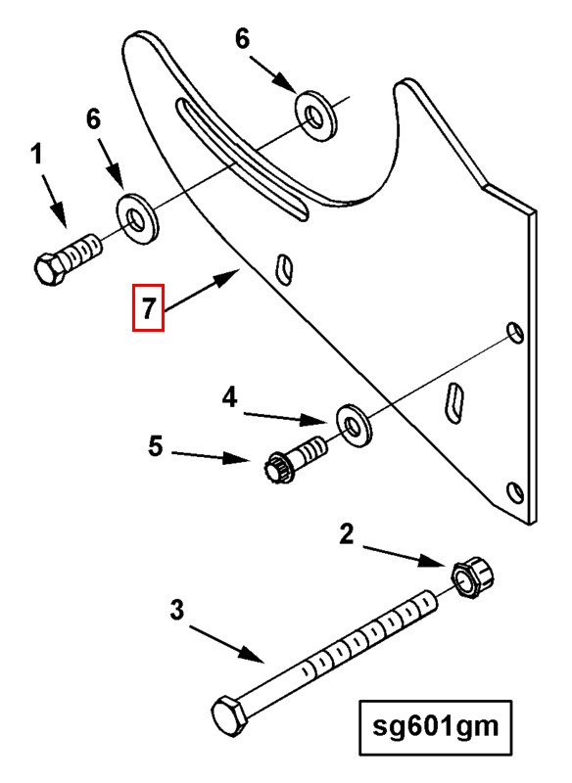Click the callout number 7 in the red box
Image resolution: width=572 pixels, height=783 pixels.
pyautogui.click(x=148, y=307)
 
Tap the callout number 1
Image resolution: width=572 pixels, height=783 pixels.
pyautogui.click(x=36, y=155)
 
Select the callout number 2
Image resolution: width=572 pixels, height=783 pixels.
pyautogui.click(x=346, y=533)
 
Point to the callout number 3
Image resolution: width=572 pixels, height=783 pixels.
pyautogui.click(x=177, y=610)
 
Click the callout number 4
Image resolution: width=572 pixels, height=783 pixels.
pyautogui.click(x=230, y=398)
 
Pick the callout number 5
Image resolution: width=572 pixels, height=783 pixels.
pyautogui.click(x=156, y=445)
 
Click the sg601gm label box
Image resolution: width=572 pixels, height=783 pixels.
pyautogui.click(x=436, y=727)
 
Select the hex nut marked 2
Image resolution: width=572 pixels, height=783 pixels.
pyautogui.click(x=474, y=576)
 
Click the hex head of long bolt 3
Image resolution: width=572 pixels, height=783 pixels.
pyautogui.click(x=230, y=716)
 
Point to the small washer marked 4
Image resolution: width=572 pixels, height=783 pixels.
pyautogui.click(x=355, y=426)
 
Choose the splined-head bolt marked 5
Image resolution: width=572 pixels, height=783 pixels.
pyautogui.click(x=295, y=459)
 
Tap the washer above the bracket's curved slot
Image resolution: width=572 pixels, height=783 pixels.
pyautogui.click(x=315, y=115)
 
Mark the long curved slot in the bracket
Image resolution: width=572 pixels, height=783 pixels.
pyautogui.click(x=241, y=159)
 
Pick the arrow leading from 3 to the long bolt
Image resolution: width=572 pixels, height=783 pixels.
pyautogui.click(x=226, y=643)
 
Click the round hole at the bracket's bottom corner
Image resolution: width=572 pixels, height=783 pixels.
pyautogui.click(x=515, y=493)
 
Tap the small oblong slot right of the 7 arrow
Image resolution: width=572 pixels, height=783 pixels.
pyautogui.click(x=284, y=269)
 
